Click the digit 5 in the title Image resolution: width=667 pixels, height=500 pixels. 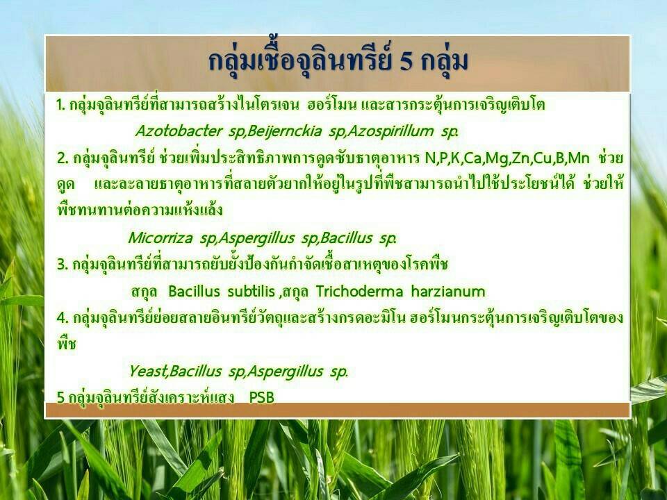(x=406, y=62)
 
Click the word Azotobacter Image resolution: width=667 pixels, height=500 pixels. (x=179, y=131)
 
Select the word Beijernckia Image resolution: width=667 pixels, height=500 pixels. (x=283, y=131)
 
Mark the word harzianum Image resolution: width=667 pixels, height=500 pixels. (x=448, y=291)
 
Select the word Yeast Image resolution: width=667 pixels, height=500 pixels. (x=147, y=371)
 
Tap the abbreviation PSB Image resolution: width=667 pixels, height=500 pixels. (x=262, y=397)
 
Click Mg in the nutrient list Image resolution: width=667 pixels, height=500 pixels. (x=496, y=158)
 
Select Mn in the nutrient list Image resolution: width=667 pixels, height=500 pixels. (x=579, y=158)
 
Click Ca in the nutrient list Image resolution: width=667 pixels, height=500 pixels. (x=472, y=158)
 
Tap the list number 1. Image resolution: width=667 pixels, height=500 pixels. (x=60, y=105)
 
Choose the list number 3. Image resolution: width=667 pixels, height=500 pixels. (x=62, y=265)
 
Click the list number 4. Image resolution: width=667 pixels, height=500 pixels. (x=62, y=317)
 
